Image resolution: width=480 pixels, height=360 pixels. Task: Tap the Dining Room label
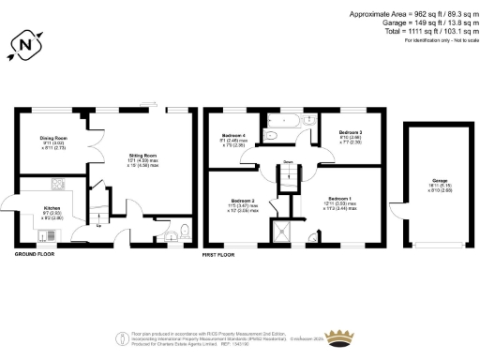52,142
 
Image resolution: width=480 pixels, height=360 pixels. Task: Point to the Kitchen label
52,211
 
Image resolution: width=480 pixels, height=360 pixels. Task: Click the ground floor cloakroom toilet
185,232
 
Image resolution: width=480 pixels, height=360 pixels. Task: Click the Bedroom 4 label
232,141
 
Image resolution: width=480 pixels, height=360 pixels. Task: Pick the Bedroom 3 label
351,138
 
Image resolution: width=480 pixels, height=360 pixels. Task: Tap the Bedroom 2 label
242,203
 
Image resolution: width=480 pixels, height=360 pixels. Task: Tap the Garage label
427,183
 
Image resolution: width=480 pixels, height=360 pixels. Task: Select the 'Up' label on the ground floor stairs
99,225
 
